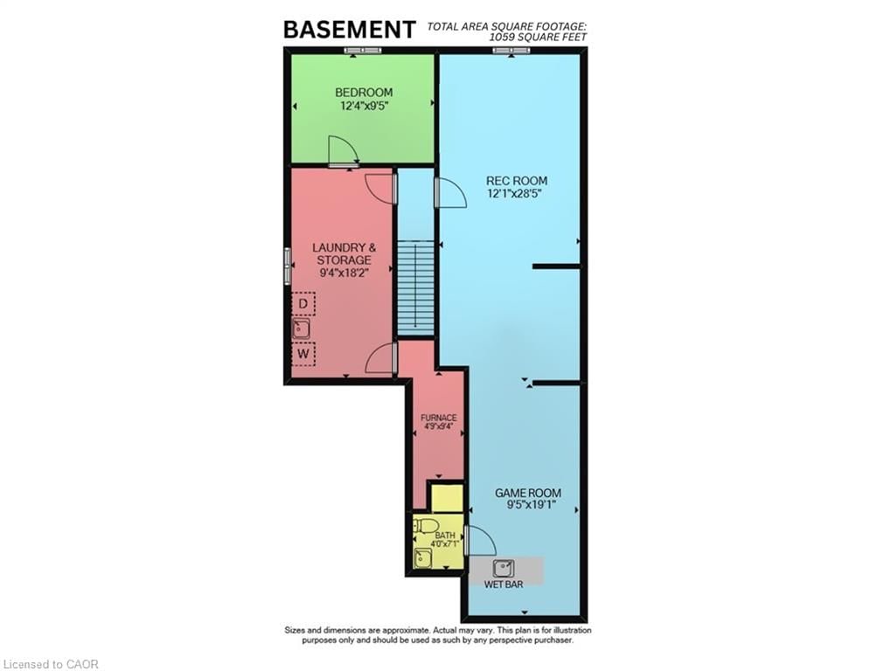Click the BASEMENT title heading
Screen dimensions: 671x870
pos(349,29)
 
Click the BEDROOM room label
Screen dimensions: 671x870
pos(364,92)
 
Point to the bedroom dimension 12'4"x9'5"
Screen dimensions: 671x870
pos(364,106)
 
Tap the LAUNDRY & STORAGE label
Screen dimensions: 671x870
pos(342,253)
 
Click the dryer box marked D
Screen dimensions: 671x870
pos(303,304)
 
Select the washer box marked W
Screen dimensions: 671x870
pos(303,355)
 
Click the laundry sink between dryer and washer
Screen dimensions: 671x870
pos(302,329)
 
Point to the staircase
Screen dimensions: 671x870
pos(416,287)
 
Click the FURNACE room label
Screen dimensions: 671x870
pos(438,418)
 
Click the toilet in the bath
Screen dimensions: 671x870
pos(425,525)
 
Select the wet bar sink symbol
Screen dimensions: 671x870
pos(504,569)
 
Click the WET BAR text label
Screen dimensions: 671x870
pos(504,584)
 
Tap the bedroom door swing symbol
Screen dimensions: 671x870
pos(341,151)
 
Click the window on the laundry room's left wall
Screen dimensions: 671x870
pos(287,265)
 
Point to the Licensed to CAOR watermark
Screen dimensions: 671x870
pos(51,664)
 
